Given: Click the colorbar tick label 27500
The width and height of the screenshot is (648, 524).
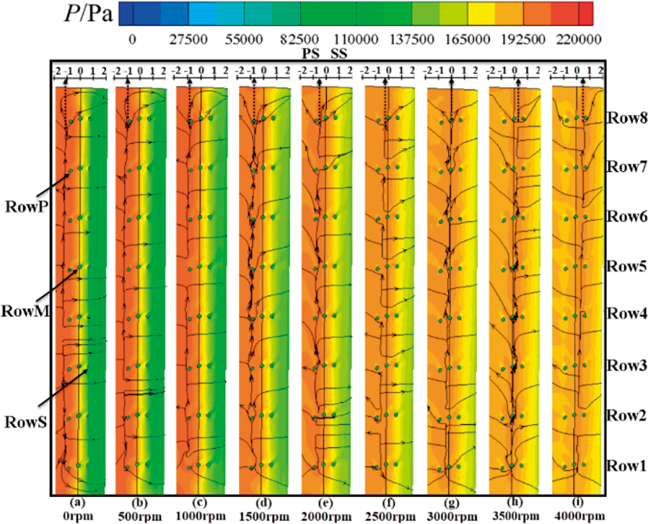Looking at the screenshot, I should [188, 39].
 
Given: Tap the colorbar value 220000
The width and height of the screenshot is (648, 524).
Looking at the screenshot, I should [579, 39].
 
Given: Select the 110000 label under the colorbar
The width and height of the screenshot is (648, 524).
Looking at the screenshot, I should [355, 39].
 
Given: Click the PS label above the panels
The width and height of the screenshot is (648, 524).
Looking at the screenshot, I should [311, 53].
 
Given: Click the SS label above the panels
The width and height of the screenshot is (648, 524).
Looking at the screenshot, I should [339, 53].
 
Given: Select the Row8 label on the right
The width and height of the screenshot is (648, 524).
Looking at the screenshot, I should [627, 118].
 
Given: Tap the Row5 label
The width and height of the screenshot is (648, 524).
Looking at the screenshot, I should [627, 266].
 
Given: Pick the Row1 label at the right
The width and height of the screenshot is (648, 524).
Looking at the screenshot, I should [627, 465].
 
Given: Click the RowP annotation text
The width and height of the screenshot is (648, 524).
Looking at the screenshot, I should [26, 206].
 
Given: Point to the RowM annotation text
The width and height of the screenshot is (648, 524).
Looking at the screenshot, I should [25, 311].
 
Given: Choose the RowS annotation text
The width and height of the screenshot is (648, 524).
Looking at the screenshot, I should [25, 422].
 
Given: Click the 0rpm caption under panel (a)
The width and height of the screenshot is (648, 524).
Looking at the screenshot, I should [78, 516].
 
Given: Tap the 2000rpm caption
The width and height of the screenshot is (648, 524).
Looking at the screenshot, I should [326, 517].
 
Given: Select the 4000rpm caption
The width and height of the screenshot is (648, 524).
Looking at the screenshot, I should [579, 516].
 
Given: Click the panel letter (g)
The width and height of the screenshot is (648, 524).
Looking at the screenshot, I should [452, 503].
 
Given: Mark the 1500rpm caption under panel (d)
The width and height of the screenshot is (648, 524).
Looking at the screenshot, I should [264, 517].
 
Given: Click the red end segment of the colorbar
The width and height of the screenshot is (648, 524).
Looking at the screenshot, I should [586, 13].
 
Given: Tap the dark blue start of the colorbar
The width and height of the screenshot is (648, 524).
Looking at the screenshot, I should [126, 13].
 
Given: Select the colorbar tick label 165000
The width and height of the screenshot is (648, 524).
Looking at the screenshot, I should [467, 39].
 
